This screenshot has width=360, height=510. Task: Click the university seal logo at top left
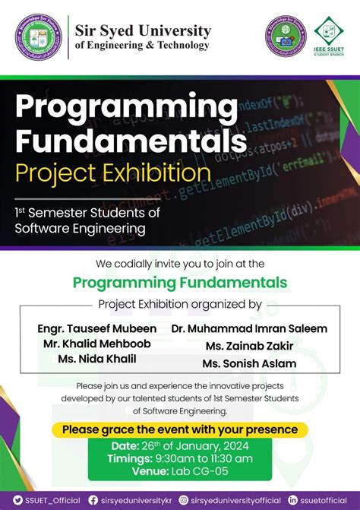[x=36, y=35]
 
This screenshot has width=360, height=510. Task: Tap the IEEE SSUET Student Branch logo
[x=329, y=34]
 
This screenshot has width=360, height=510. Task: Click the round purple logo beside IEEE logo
[x=286, y=35]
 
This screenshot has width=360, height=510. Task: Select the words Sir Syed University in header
[x=143, y=30]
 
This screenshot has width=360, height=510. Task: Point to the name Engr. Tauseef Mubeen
[x=97, y=328]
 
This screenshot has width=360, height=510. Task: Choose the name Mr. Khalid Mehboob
[x=96, y=344]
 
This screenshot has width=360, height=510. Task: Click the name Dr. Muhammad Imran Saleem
[x=249, y=328]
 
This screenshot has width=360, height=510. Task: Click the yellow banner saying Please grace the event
[x=180, y=429]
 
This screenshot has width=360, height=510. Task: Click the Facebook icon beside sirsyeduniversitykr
[x=93, y=500]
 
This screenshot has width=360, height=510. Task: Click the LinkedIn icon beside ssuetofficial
[x=293, y=500]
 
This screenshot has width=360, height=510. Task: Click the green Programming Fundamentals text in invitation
[x=180, y=284]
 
